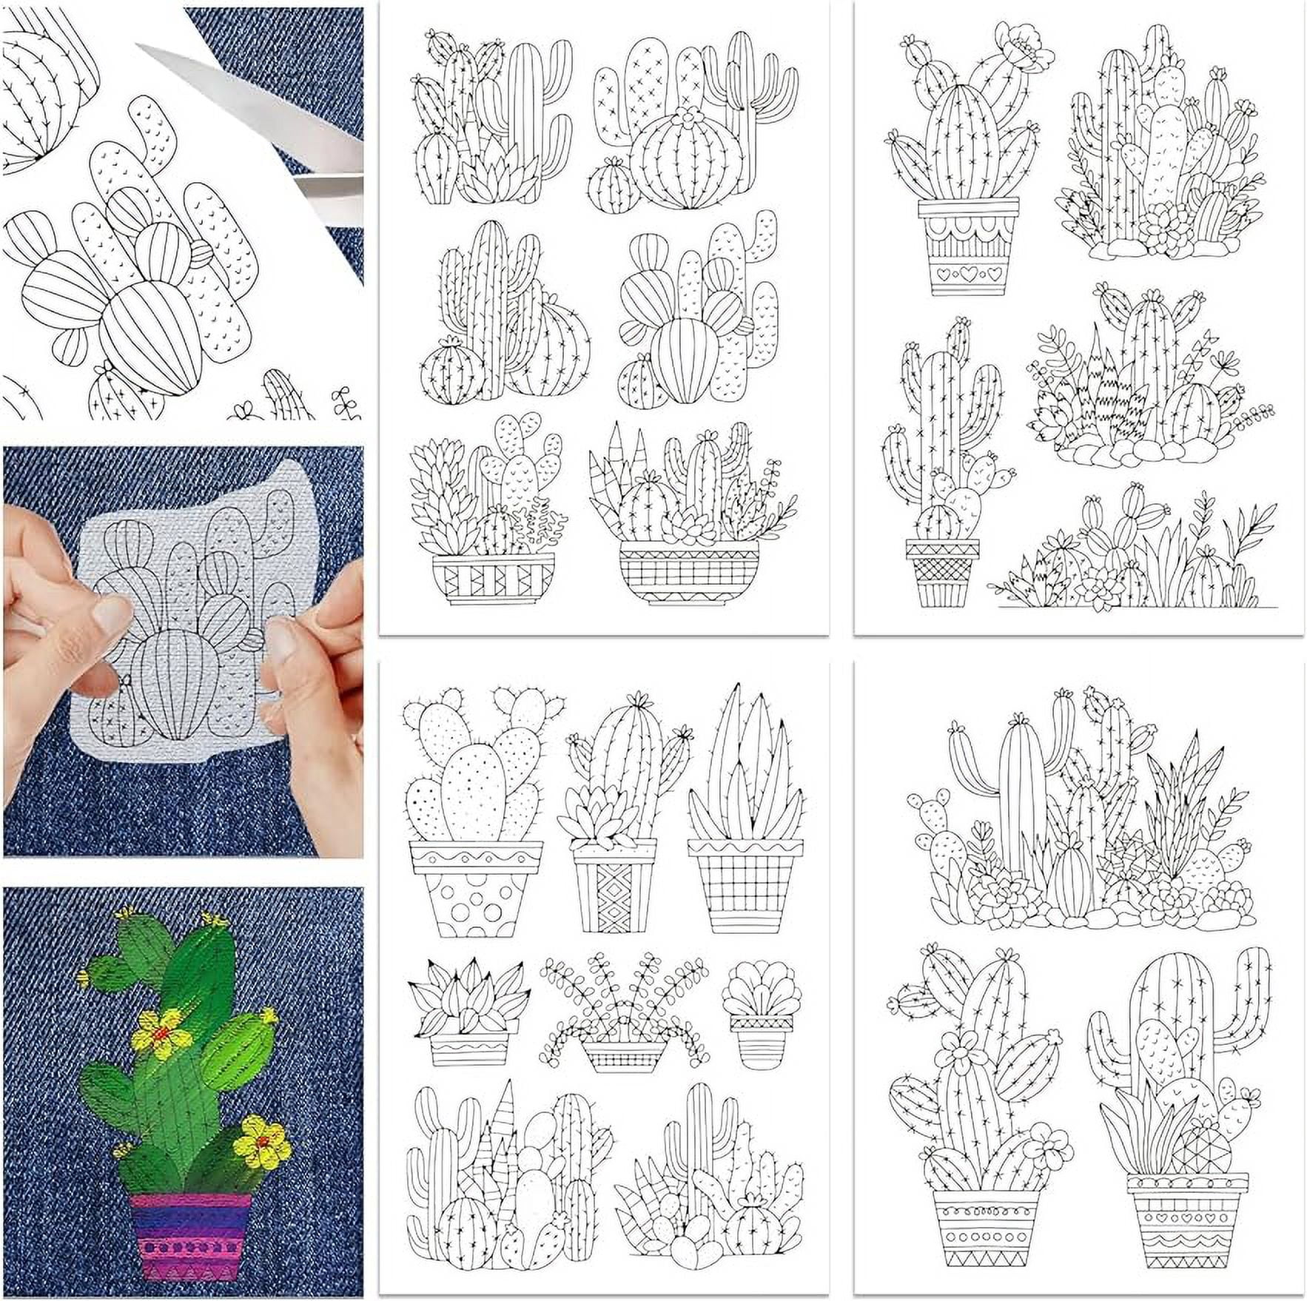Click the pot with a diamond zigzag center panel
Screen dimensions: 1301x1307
[x=614, y=895]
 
